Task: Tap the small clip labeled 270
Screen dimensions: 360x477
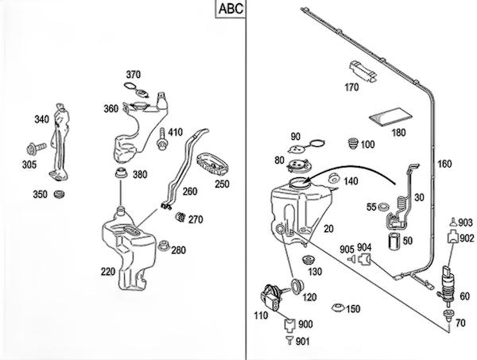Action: point(180,216)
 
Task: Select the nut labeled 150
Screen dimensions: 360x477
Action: point(337,308)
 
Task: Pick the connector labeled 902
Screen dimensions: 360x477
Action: point(451,236)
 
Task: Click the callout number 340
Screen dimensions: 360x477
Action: point(42,119)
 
